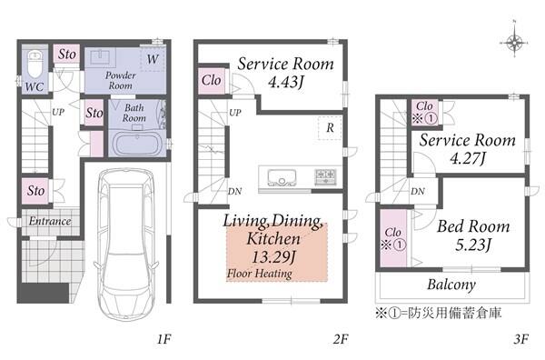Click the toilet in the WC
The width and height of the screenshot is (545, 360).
click(35, 64)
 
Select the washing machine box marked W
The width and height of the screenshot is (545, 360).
click(153, 59)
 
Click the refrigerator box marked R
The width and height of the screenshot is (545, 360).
click(330, 127)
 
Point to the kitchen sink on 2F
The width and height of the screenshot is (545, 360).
click(282, 176)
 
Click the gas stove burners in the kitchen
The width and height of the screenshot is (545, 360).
click(325, 176)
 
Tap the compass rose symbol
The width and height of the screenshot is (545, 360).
click(514, 43)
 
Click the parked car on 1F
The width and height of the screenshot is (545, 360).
click(127, 243)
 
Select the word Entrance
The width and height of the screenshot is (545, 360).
click(50, 221)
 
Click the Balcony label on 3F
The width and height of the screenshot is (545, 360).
click(451, 285)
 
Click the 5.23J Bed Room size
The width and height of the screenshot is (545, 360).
click(472, 245)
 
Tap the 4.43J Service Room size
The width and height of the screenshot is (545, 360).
click(286, 82)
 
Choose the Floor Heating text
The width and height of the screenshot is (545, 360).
click(259, 274)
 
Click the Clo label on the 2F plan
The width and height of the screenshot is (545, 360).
click(211, 80)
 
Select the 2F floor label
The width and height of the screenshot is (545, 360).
click(341, 338)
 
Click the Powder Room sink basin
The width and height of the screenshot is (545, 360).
click(101, 56)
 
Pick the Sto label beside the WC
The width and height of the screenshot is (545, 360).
click(66, 55)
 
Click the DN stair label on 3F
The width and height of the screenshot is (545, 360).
click(418, 191)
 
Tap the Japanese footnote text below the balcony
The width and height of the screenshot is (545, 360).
click(439, 313)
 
